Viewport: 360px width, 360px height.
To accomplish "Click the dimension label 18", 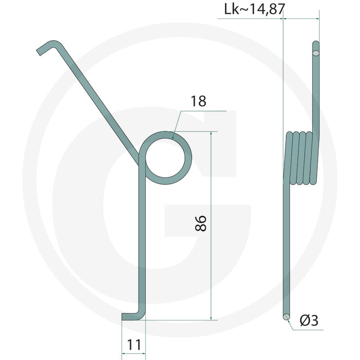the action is coord(198,101).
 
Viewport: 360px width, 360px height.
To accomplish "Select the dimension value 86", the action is coord(200,223).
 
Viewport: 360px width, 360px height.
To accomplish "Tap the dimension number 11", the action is coord(134,345).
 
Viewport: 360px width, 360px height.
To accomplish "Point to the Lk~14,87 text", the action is coord(254,10).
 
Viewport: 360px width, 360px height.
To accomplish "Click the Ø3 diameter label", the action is coord(309,320).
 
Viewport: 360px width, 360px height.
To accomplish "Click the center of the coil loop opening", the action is coord(165,158).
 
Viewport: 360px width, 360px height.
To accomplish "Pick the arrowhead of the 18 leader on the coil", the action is coord(173,138).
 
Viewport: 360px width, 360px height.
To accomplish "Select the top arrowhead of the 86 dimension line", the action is coord(211,134).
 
